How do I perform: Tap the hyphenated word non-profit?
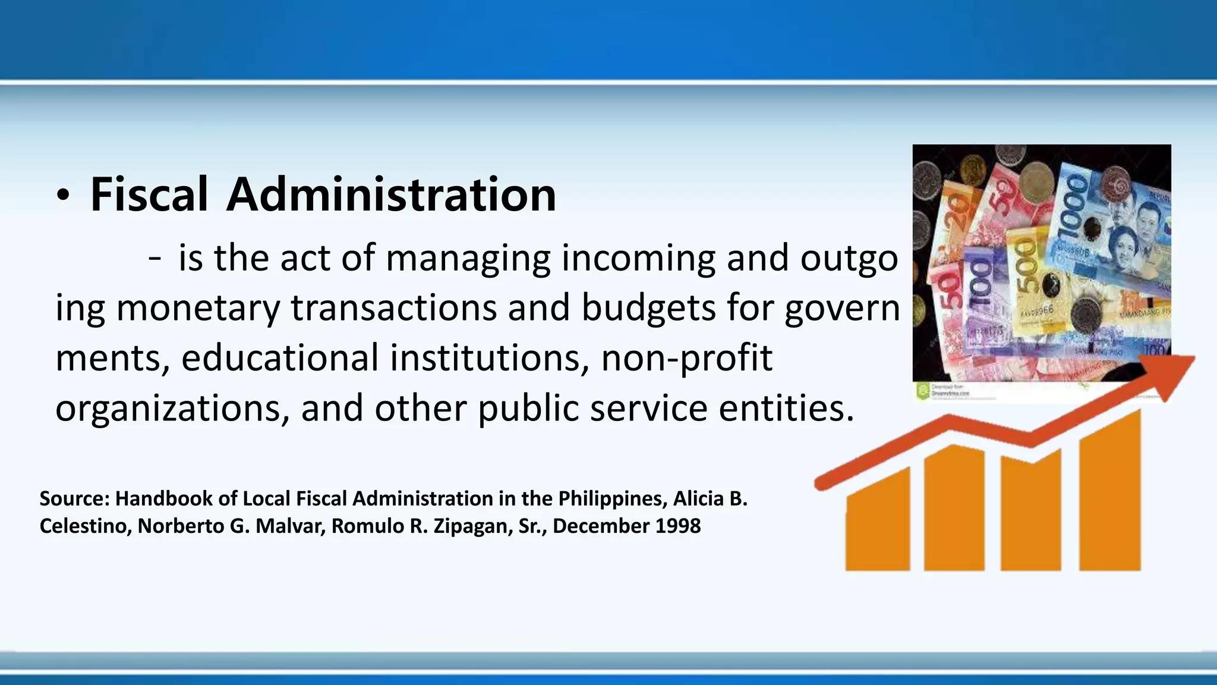[x=687, y=358]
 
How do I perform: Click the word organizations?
[x=172, y=409]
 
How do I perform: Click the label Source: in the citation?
[x=75, y=498]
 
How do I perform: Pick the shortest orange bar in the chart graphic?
[x=877, y=520]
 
